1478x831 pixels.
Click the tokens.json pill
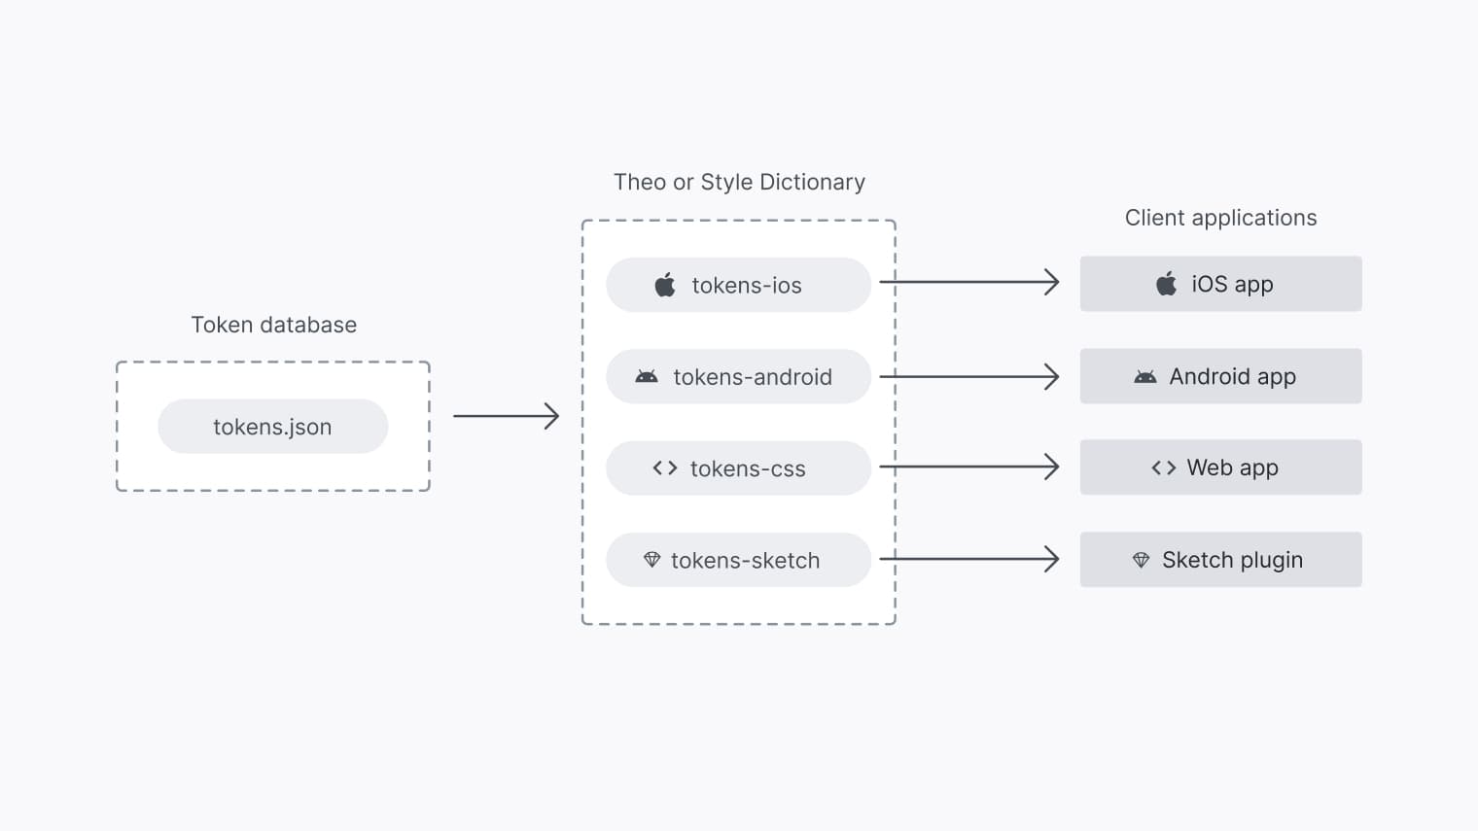pyautogui.click(x=272, y=427)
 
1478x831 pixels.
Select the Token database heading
pyautogui.click(x=273, y=325)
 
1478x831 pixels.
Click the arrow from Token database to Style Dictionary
pyautogui.click(x=506, y=416)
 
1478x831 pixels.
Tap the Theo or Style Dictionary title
pyautogui.click(x=739, y=182)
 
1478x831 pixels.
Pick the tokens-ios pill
pyautogui.click(x=738, y=285)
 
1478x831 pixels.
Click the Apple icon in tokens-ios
pyautogui.click(x=665, y=285)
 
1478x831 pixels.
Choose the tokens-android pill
pyautogui.click(x=738, y=376)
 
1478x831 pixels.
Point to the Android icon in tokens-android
pyautogui.click(x=647, y=376)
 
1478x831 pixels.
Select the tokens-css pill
pyautogui.click(x=738, y=468)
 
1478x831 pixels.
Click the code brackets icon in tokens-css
pyautogui.click(x=665, y=468)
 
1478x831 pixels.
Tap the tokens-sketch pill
pyautogui.click(x=738, y=560)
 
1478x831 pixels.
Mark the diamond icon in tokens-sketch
pyautogui.click(x=652, y=560)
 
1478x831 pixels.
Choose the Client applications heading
pyautogui.click(x=1220, y=218)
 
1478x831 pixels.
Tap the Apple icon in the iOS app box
pyautogui.click(x=1166, y=284)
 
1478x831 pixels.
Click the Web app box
pyautogui.click(x=1220, y=467)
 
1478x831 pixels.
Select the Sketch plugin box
pyautogui.click(x=1220, y=560)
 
